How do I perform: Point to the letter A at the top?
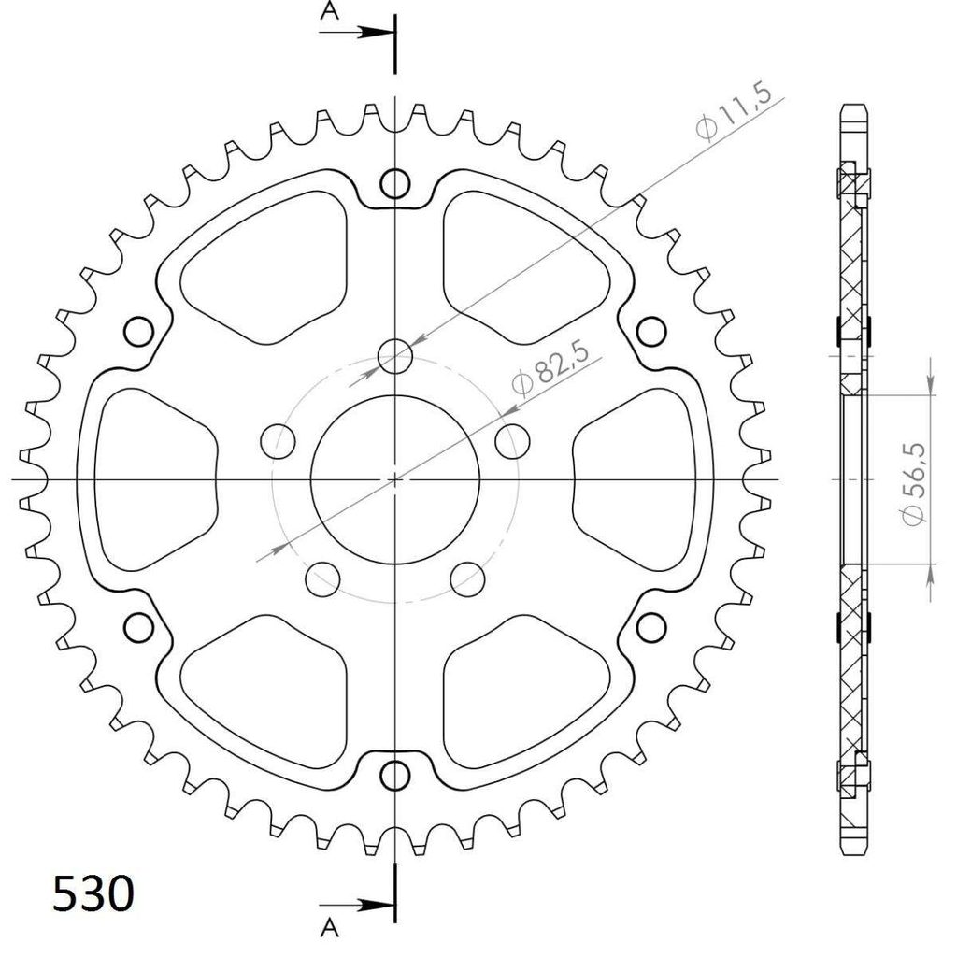point(330,10)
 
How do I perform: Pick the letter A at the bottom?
point(330,928)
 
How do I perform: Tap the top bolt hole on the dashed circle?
point(395,356)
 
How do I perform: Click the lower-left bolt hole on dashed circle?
point(322,578)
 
